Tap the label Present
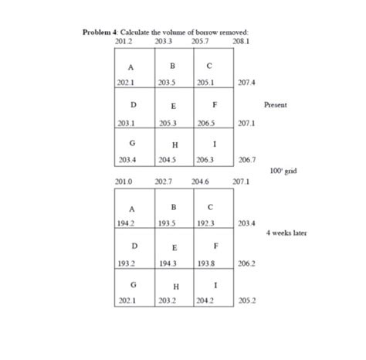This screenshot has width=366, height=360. click(x=275, y=104)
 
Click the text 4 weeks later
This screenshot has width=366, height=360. click(x=287, y=231)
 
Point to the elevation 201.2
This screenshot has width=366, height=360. click(x=124, y=39)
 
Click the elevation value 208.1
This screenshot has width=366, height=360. click(x=241, y=39)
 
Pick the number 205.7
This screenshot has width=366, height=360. click(x=202, y=39)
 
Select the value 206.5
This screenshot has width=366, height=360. click(x=207, y=122)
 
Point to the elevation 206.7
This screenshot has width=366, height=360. click(x=248, y=159)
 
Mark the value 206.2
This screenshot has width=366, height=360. click(x=248, y=263)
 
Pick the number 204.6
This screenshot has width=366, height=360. click(x=202, y=181)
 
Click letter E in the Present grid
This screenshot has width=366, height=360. click(x=174, y=106)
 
